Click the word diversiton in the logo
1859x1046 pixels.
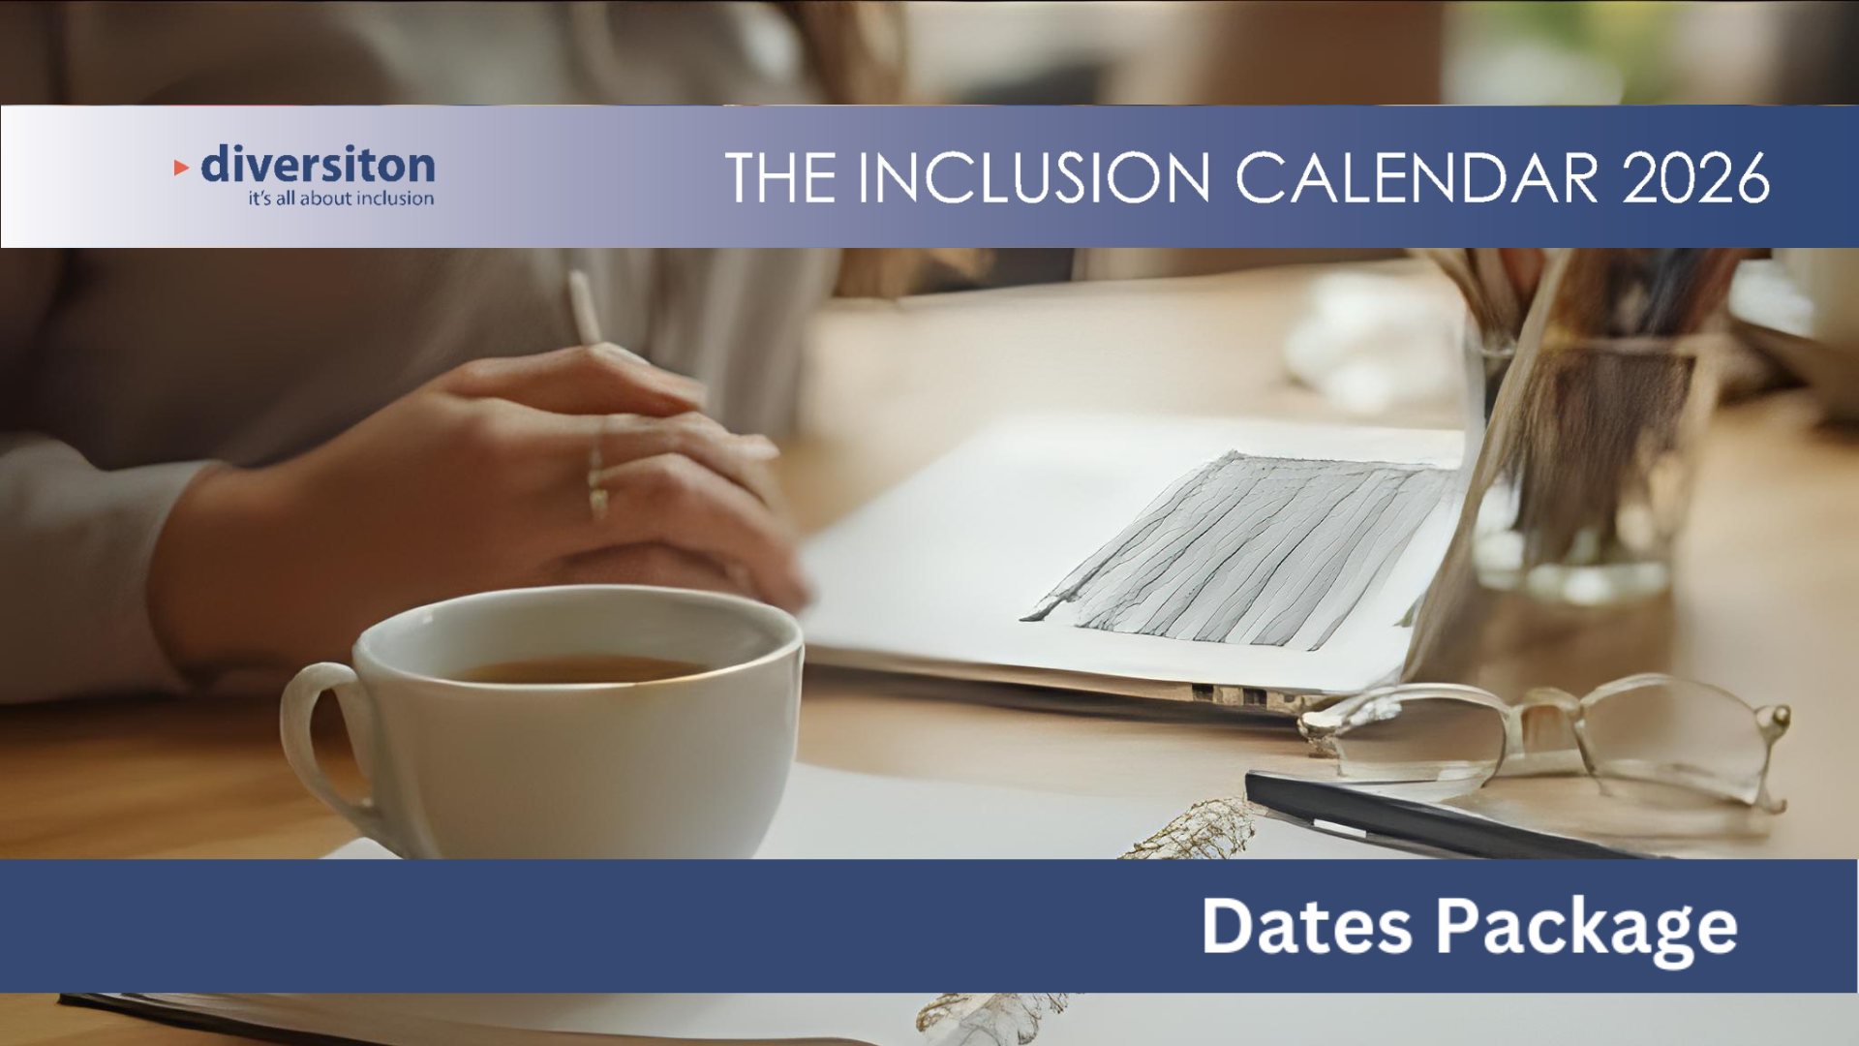(318, 165)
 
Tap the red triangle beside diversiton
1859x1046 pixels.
(181, 168)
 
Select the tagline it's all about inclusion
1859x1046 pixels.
(341, 199)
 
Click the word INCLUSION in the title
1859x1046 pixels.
(1034, 177)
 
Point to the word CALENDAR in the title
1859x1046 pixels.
(1417, 177)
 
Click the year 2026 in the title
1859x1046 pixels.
(1696, 177)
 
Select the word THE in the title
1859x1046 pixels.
(780, 177)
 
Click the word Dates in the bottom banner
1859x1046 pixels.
(1307, 926)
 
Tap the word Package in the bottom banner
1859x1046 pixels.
(1586, 930)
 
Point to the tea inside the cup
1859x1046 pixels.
(581, 669)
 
